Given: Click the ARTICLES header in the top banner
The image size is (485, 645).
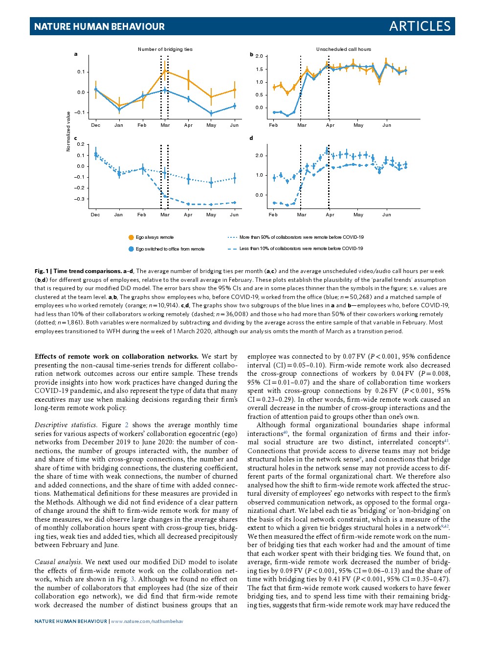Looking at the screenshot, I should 419,26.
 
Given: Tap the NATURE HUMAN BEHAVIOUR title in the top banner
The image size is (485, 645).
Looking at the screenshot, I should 99,27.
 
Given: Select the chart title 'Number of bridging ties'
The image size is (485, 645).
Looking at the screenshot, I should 165,49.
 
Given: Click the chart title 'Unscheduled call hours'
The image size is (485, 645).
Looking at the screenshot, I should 343,49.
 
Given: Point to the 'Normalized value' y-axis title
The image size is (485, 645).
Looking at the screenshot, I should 68,131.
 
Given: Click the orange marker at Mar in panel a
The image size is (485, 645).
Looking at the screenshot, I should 165,71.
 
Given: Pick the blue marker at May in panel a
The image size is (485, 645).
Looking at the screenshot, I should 211,114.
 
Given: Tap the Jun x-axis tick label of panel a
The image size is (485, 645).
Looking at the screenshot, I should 234,125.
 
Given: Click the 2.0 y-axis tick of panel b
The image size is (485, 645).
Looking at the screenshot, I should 259,57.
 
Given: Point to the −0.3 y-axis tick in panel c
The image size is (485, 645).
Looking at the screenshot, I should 79,199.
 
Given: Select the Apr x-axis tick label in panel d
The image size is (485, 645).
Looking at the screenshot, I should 330,214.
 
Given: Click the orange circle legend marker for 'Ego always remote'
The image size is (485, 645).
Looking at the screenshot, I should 131,237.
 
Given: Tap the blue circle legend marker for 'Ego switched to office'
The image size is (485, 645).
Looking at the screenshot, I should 131,249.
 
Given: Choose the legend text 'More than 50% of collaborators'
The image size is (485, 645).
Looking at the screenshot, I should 301,237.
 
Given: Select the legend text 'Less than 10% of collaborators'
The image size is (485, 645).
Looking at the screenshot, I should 301,249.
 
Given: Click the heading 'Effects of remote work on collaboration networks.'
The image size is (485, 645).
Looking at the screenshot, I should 116,357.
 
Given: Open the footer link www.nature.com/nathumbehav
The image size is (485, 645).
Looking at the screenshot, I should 147,622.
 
